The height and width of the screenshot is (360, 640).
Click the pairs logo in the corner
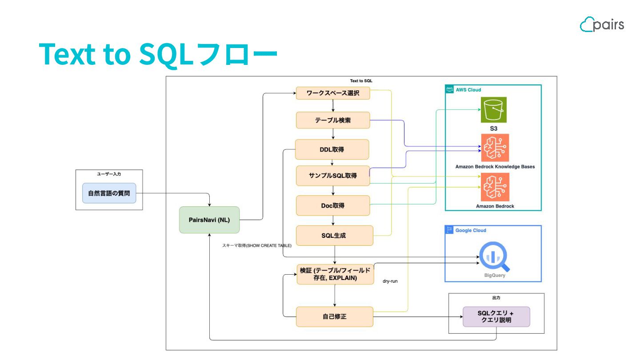pyautogui.click(x=602, y=24)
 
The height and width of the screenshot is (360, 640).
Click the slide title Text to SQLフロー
pyautogui.click(x=158, y=54)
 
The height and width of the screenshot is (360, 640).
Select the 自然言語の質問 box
pyautogui.click(x=109, y=193)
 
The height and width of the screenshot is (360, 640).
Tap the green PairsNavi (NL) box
pyautogui.click(x=209, y=220)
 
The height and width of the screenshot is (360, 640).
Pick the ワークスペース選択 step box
pyautogui.click(x=333, y=93)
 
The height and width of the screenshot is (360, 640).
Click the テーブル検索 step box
pyautogui.click(x=333, y=120)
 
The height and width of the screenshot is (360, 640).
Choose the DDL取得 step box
pyautogui.click(x=332, y=149)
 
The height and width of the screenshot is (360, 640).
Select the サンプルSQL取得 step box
pyautogui.click(x=333, y=176)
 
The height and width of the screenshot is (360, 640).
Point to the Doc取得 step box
pyautogui.click(x=333, y=206)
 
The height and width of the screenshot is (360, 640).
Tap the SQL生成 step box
pyautogui.click(x=334, y=236)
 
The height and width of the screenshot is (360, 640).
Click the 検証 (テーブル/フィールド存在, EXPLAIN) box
pyautogui.click(x=335, y=274)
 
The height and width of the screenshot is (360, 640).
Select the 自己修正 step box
pyautogui.click(x=334, y=317)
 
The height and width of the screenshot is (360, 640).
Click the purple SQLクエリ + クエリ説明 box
pyautogui.click(x=496, y=316)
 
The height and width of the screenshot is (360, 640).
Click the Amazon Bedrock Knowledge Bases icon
pyautogui.click(x=495, y=148)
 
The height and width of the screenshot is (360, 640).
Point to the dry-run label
pyautogui.click(x=390, y=281)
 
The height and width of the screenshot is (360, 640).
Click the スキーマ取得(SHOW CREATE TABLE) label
pyautogui.click(x=256, y=245)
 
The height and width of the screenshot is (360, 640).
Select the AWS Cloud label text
pyautogui.click(x=468, y=90)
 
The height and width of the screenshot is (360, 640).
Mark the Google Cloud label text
pyautogui.click(x=471, y=230)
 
